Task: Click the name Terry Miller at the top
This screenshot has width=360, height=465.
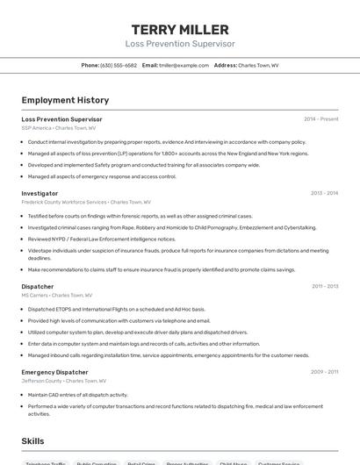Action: click(180, 30)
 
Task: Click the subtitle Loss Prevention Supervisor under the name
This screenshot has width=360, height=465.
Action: click(180, 44)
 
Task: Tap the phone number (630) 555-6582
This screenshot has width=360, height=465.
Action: click(119, 65)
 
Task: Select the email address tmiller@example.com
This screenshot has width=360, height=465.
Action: click(184, 65)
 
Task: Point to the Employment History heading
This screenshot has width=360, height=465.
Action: click(65, 100)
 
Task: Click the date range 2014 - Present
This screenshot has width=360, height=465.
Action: click(320, 119)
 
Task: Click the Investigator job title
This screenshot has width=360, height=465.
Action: click(40, 193)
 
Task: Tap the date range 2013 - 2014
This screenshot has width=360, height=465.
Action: click(324, 193)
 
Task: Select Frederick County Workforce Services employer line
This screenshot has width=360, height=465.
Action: click(86, 202)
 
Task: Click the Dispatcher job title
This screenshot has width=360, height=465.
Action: click(38, 286)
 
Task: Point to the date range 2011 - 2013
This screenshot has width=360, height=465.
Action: click(324, 286)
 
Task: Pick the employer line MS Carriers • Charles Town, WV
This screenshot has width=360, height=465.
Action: click(57, 295)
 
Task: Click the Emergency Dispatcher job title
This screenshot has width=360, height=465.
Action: click(54, 372)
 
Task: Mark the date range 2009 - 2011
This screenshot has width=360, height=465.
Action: click(324, 372)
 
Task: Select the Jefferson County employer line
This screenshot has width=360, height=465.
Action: click(63, 381)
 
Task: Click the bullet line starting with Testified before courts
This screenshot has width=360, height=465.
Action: click(140, 216)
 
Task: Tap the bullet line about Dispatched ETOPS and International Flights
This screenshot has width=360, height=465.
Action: click(116, 309)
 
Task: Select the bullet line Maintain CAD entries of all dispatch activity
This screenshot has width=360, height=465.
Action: click(77, 395)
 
